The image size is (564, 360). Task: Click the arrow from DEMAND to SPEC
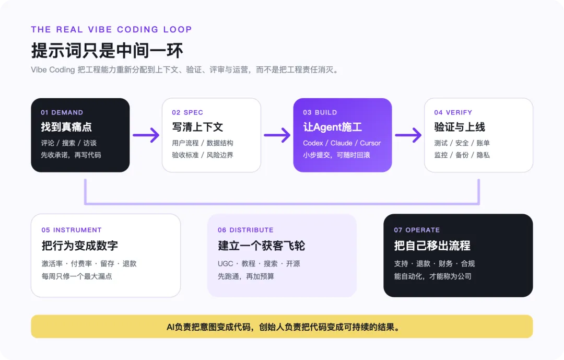pyautogui.click(x=146, y=135)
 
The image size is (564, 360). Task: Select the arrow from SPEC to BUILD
pyautogui.click(x=277, y=135)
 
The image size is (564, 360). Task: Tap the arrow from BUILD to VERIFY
pyautogui.click(x=408, y=135)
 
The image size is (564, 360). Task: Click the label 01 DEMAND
pyautogui.click(x=62, y=112)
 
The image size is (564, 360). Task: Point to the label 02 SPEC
pyautogui.click(x=187, y=112)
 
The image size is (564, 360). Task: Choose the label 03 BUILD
pyautogui.click(x=320, y=112)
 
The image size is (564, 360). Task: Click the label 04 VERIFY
pyautogui.click(x=453, y=112)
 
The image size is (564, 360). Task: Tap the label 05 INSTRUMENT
pyautogui.click(x=72, y=230)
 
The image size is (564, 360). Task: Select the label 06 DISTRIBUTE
pyautogui.click(x=245, y=230)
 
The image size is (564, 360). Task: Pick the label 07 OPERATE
pyautogui.click(x=417, y=230)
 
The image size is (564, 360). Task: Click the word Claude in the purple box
pyautogui.click(x=342, y=143)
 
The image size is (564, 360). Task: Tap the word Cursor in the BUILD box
pyautogui.click(x=370, y=143)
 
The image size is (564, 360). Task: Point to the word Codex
pyautogui.click(x=313, y=143)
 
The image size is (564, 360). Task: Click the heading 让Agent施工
pyautogui.click(x=332, y=127)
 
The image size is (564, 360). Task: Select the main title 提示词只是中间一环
pyautogui.click(x=107, y=50)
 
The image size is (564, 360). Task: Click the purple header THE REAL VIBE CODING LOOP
pyautogui.click(x=112, y=29)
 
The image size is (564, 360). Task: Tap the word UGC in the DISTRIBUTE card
pyautogui.click(x=226, y=263)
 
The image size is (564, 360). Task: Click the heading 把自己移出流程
pyautogui.click(x=432, y=246)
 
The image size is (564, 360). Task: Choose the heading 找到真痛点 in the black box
pyautogui.click(x=66, y=127)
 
